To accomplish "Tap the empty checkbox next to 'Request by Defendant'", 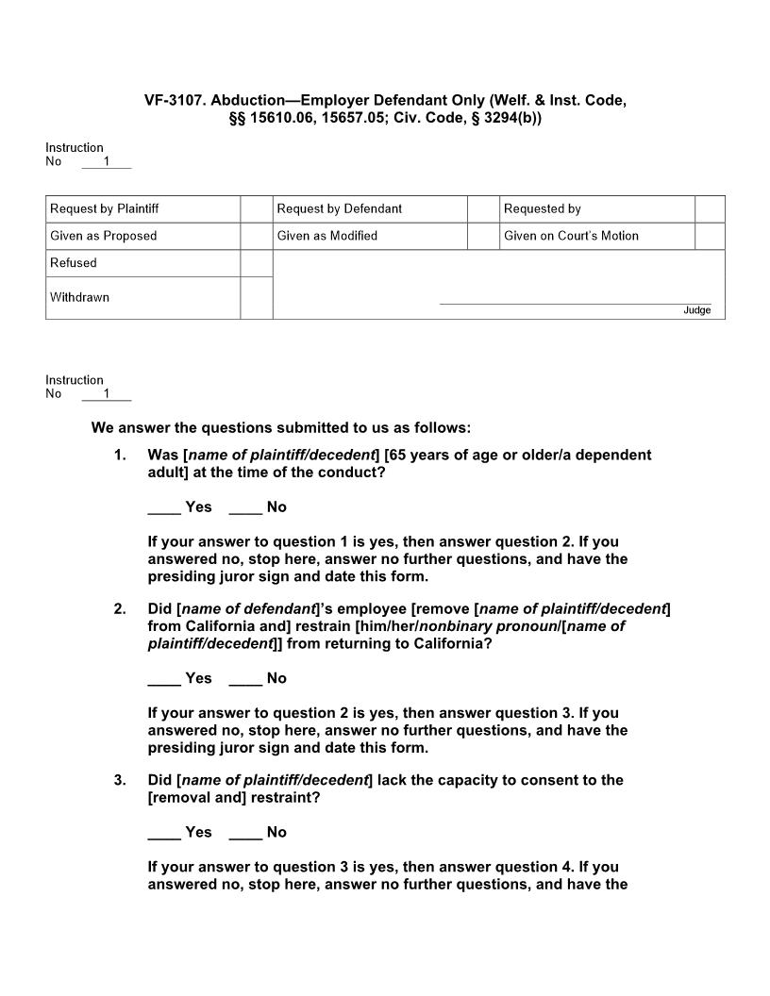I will tap(483, 208).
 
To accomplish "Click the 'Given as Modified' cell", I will tap(370, 236).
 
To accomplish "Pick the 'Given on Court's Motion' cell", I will tap(596, 236).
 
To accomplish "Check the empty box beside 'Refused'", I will tap(257, 263).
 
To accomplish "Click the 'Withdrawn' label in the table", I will tap(80, 297).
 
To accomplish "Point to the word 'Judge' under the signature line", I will tap(697, 310).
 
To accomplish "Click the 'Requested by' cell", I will tap(596, 208).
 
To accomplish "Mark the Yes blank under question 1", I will tap(164, 508).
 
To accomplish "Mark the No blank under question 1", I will tap(245, 508).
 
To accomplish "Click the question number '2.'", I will tap(120, 609).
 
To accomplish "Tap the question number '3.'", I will tap(120, 780).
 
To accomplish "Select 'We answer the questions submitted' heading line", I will tap(280, 428).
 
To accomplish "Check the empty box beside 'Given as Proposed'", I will tap(257, 236).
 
